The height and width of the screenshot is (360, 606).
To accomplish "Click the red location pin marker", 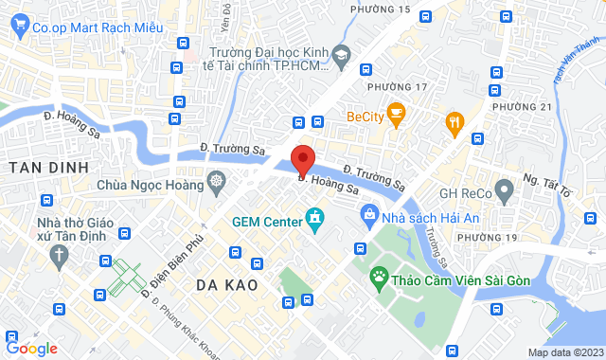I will click(x=303, y=158).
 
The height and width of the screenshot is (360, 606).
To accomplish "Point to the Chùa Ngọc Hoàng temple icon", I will click(x=217, y=180).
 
